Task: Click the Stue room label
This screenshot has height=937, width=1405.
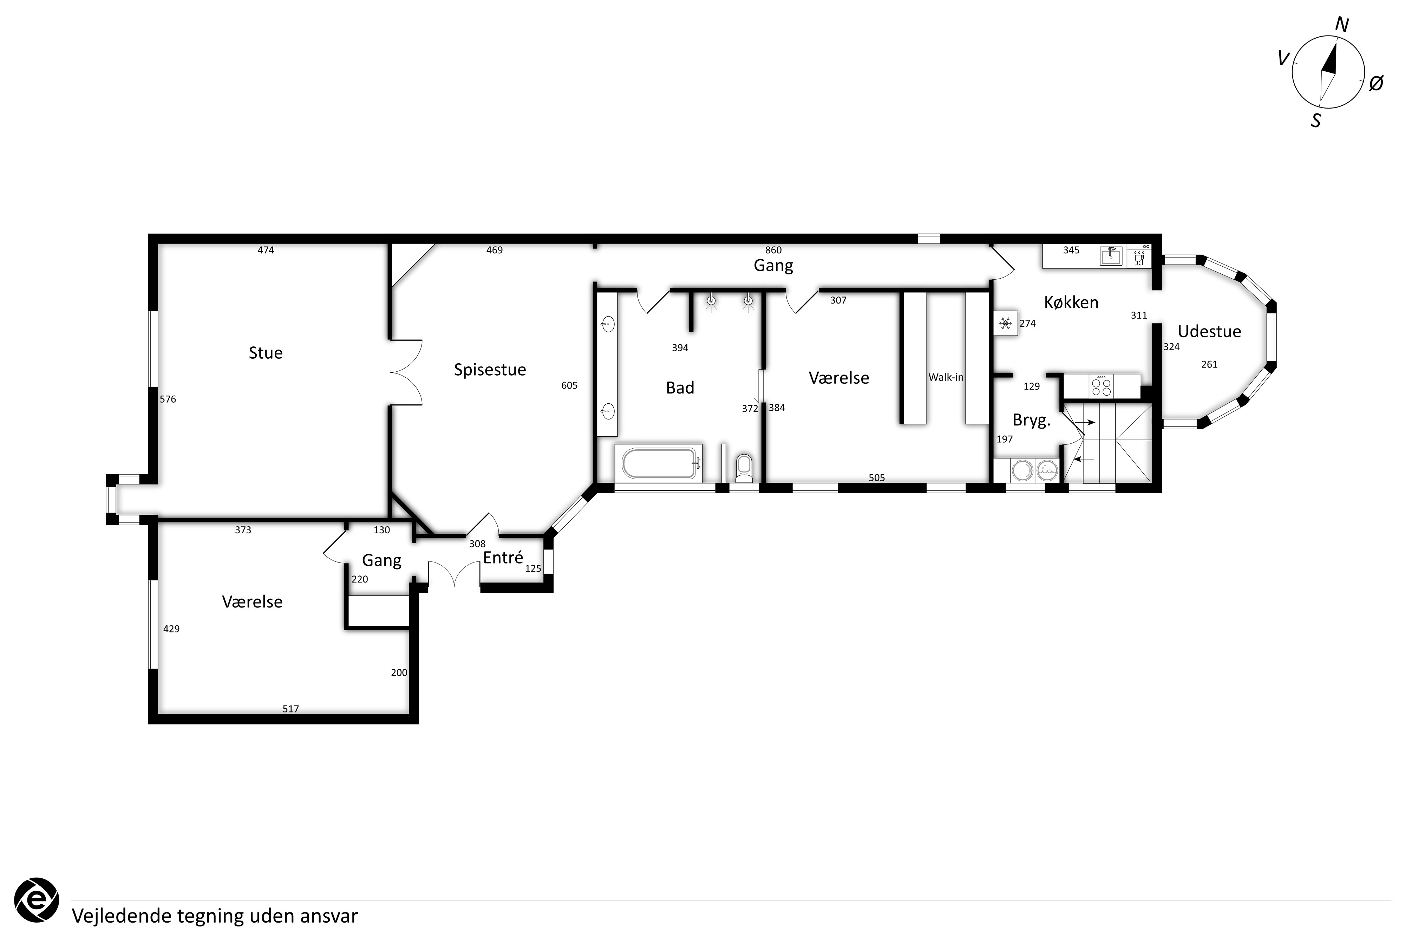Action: point(266,353)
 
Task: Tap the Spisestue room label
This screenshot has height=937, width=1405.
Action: point(490,370)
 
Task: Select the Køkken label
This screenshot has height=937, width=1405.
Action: point(1071,302)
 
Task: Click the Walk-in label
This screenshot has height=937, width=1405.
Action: point(946,377)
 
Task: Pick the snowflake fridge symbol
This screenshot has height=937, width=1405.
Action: point(1005,323)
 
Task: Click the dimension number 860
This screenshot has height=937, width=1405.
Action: point(773,250)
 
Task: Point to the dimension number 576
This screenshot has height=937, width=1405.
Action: point(168,399)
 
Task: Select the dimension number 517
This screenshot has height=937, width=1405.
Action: point(290,709)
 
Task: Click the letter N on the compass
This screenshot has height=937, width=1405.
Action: point(1342,25)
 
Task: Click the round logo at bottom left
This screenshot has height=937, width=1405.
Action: point(37,900)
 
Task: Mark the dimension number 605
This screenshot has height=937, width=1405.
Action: point(569,385)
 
